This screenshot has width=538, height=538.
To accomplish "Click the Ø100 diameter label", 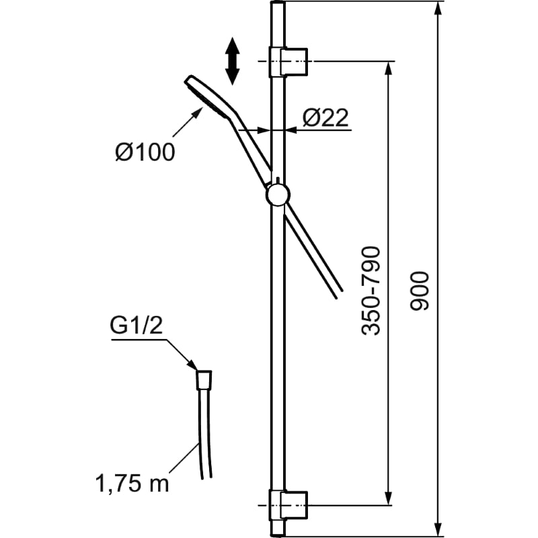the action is pos(145,152).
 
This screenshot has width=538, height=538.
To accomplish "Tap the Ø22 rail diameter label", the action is pos(325,118).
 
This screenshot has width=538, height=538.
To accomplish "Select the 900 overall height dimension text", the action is pos(420,291).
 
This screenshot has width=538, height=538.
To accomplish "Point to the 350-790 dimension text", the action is pos(371,291).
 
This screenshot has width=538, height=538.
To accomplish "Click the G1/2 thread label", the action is pos(137,325).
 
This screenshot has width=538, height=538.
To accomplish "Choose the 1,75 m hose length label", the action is pos(132,484).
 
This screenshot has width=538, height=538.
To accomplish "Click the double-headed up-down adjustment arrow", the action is pos(232,61).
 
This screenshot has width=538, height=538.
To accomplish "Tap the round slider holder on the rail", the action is pos(278,195).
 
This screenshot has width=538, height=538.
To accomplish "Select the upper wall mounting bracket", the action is pos(288,61).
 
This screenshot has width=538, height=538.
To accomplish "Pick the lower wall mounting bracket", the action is pos(288,506).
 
